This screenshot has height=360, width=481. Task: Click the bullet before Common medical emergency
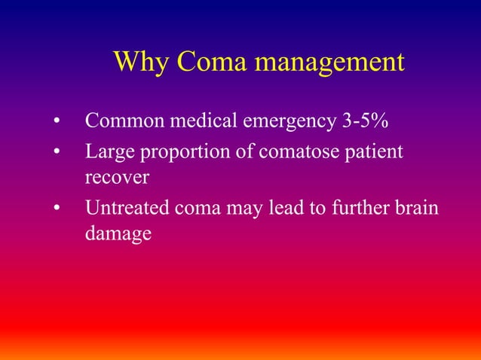pos(57,122)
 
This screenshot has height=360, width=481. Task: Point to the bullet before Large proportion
pos(57,154)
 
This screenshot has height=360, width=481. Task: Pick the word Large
pos(107,154)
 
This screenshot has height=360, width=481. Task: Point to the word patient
pos(374,154)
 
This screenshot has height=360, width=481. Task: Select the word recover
pos(118,179)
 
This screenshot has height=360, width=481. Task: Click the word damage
pos(118,234)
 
